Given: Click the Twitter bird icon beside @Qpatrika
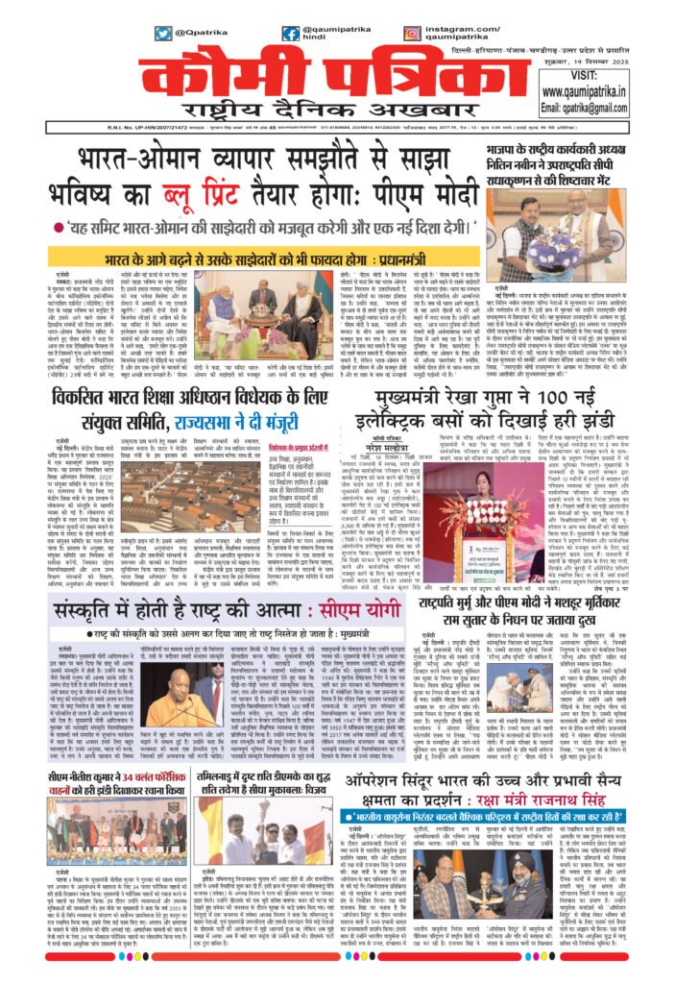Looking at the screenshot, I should tap(162, 33).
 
